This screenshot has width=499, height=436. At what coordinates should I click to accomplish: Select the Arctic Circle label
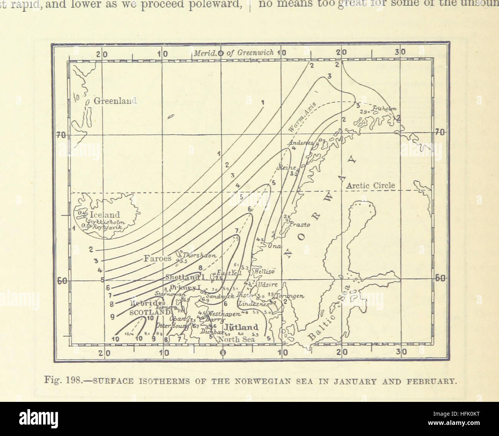tap(370, 186)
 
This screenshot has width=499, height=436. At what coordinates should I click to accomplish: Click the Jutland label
tap(241, 327)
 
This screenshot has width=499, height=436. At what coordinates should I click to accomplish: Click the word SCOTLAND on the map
tap(150, 312)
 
